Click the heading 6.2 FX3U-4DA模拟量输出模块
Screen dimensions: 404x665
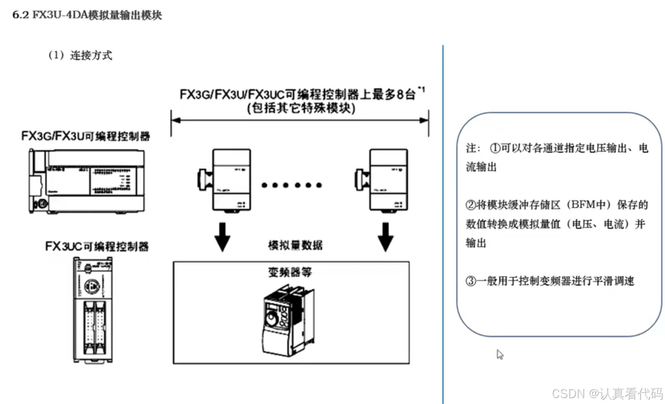(87, 16)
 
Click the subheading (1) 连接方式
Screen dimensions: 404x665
(80, 56)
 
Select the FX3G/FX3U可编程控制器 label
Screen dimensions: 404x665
(86, 136)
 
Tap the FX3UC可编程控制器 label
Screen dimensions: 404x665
(97, 246)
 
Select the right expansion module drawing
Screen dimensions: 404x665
(381, 180)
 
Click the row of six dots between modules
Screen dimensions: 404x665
(292, 185)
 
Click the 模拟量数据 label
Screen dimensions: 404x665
(295, 245)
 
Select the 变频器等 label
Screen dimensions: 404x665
(290, 272)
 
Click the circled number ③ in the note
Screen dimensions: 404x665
(471, 281)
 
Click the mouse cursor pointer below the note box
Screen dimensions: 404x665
(500, 354)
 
